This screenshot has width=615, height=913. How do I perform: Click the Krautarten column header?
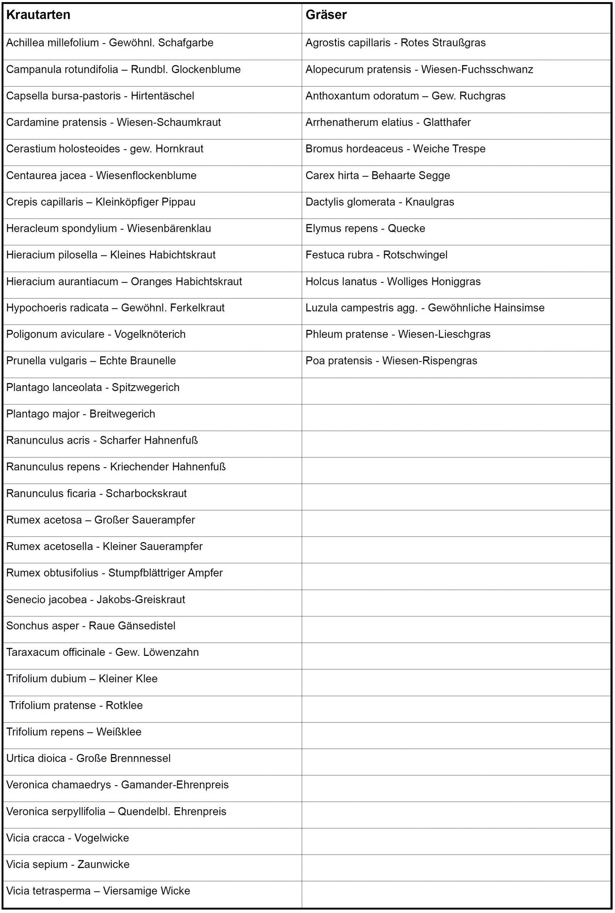[x=39, y=15]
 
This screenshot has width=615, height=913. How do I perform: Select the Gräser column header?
[x=326, y=15]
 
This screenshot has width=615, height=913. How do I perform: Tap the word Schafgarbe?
[x=186, y=43]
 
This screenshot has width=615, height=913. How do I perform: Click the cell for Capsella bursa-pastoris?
[x=100, y=96]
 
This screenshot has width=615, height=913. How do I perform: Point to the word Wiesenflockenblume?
[x=146, y=175]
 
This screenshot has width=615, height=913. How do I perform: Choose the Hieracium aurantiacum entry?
[x=124, y=282]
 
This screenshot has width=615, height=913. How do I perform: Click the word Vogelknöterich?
[x=150, y=335]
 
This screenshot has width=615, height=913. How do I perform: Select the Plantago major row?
[x=80, y=414]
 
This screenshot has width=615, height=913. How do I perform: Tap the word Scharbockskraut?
[x=146, y=494]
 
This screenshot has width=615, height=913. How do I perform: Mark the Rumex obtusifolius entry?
[x=114, y=573]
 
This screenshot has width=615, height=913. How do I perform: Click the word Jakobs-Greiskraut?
[x=141, y=600]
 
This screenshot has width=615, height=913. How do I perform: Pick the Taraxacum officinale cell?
[x=102, y=653]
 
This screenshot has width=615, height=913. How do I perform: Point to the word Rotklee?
[x=124, y=706]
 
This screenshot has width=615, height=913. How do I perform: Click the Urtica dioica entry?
[x=88, y=759]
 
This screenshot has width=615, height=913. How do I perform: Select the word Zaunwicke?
[x=104, y=865]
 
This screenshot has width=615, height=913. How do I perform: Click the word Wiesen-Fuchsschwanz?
[x=477, y=70]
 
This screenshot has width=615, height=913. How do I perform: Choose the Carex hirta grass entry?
[x=377, y=175]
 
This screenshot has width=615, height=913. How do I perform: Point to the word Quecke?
[x=406, y=229]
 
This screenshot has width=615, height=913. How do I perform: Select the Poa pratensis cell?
[x=391, y=361]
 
